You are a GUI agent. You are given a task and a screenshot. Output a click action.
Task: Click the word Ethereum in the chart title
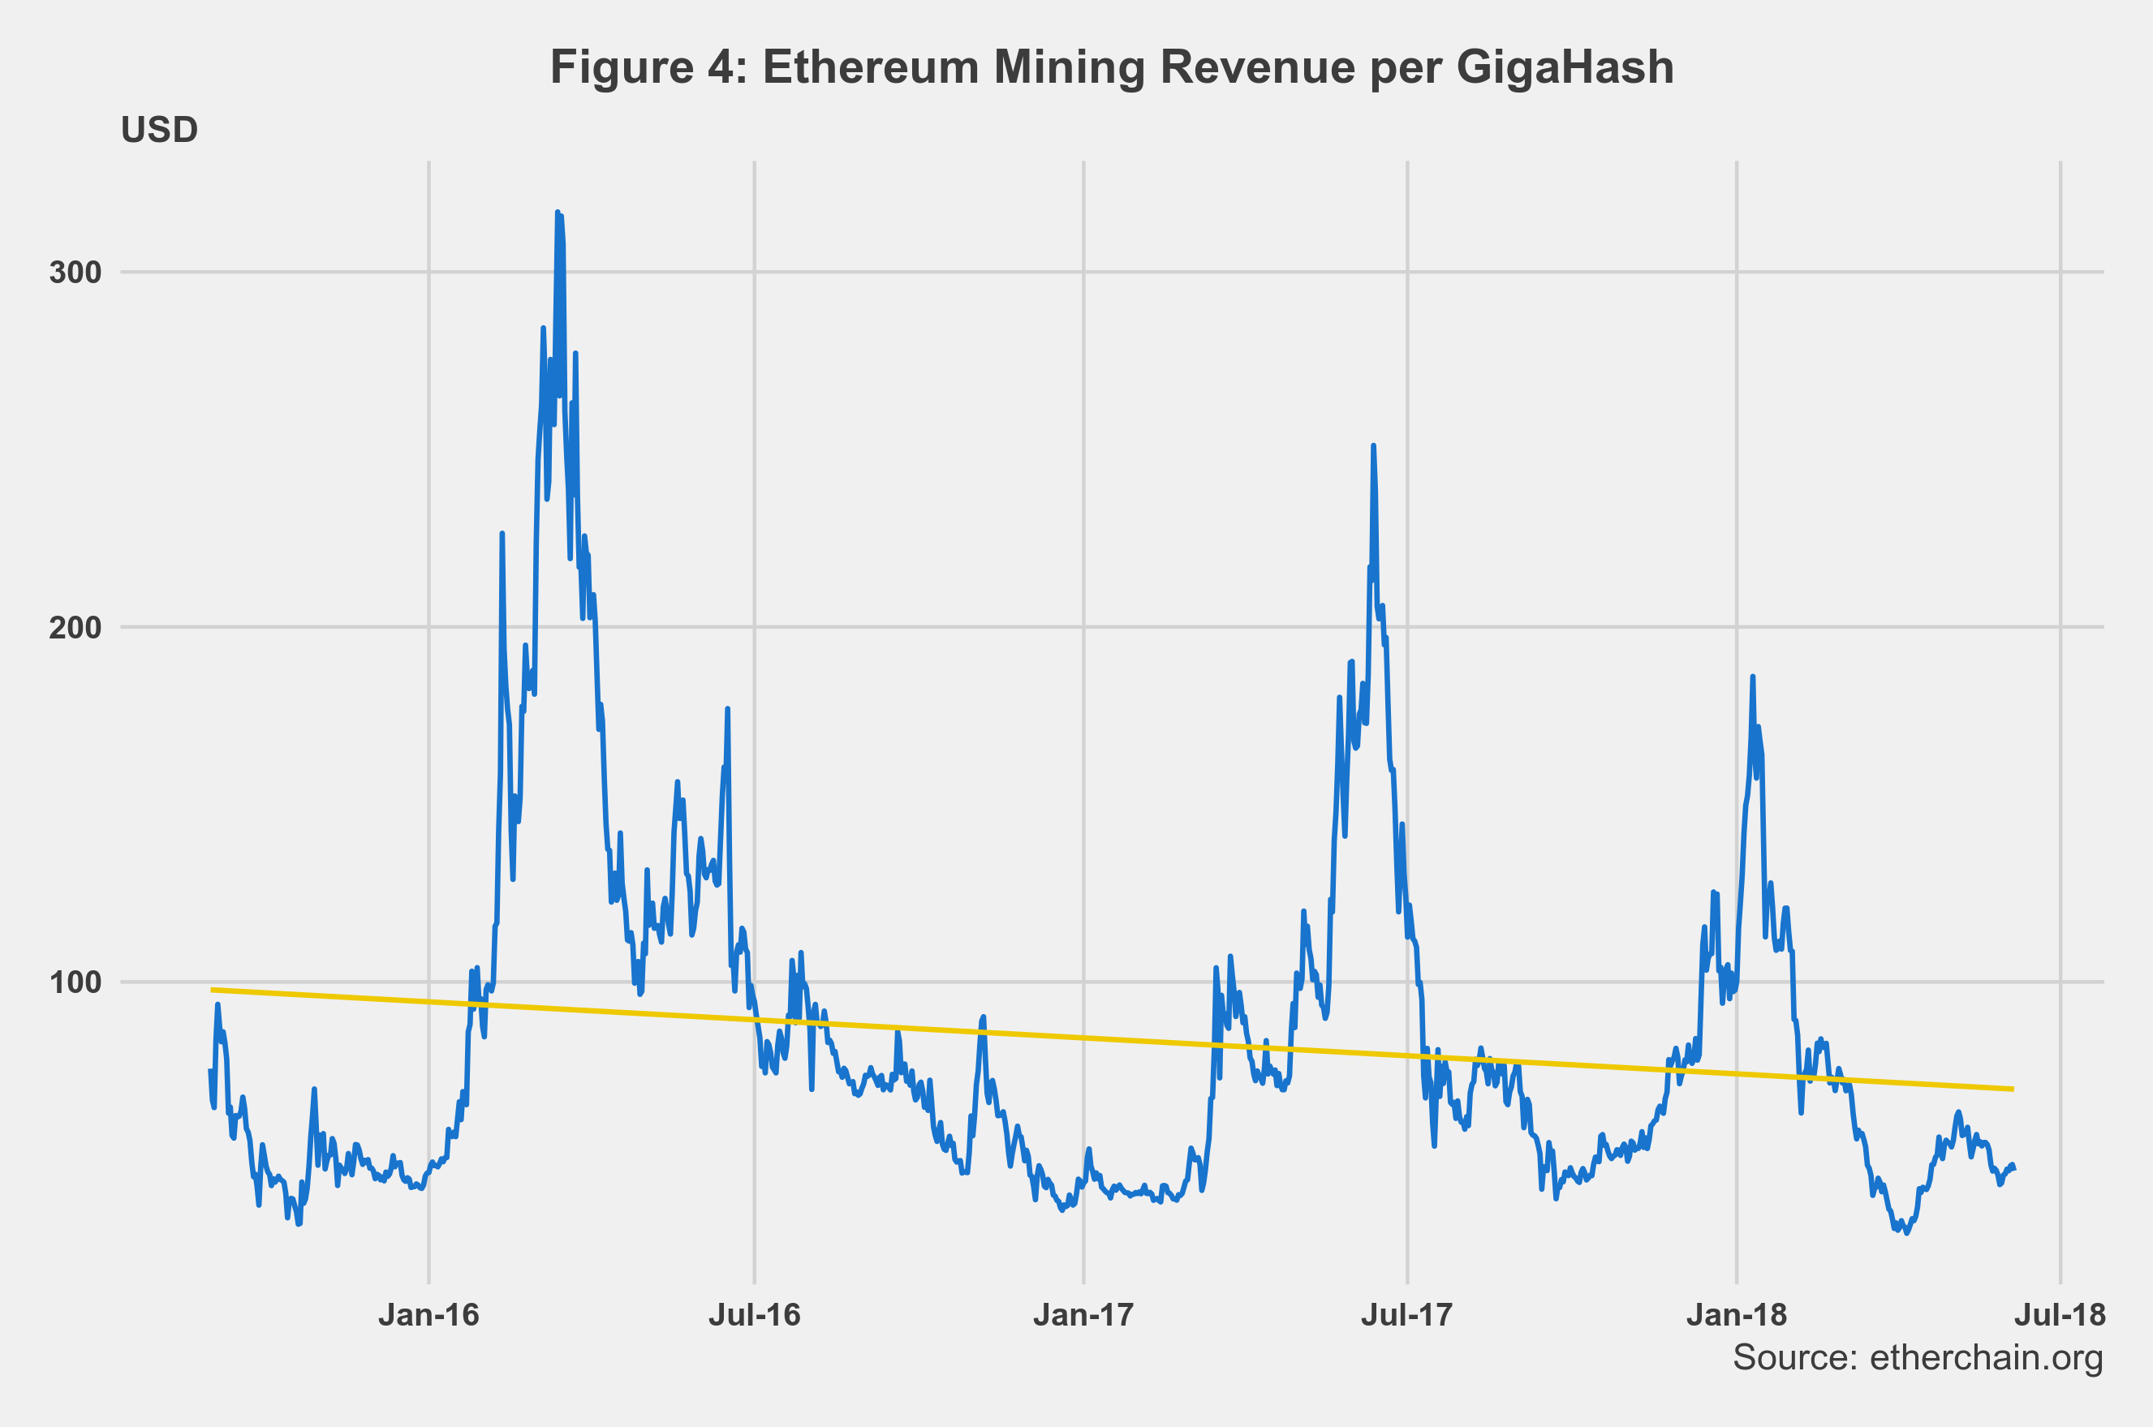click(x=872, y=68)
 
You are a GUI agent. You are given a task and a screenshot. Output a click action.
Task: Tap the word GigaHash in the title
click(x=1565, y=68)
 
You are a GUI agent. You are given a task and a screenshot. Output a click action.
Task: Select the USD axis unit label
click(x=159, y=130)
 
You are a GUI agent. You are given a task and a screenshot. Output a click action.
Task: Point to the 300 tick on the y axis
click(x=75, y=272)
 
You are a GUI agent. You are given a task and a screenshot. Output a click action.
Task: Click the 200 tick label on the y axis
click(x=75, y=627)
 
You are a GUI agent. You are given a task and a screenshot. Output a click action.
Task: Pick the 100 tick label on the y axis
click(x=75, y=983)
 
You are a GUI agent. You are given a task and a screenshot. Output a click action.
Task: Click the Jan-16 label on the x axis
click(x=428, y=1315)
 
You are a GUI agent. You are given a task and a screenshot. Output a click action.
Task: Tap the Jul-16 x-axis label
click(x=755, y=1315)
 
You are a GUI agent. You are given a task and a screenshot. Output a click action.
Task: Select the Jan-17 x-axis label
click(x=1083, y=1315)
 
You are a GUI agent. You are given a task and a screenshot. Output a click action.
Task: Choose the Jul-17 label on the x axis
click(x=1406, y=1315)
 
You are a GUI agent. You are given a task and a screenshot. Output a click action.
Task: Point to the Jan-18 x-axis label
click(x=1736, y=1315)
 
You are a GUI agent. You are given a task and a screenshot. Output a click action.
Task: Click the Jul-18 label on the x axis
click(x=2060, y=1315)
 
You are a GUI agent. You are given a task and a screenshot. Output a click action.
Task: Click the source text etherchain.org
click(x=1987, y=1358)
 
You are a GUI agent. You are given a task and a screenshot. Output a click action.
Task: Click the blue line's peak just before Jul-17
click(x=1373, y=446)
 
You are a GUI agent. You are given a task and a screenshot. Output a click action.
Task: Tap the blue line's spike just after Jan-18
click(x=1752, y=677)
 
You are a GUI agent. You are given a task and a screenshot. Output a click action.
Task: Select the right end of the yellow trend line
click(x=2013, y=1090)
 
